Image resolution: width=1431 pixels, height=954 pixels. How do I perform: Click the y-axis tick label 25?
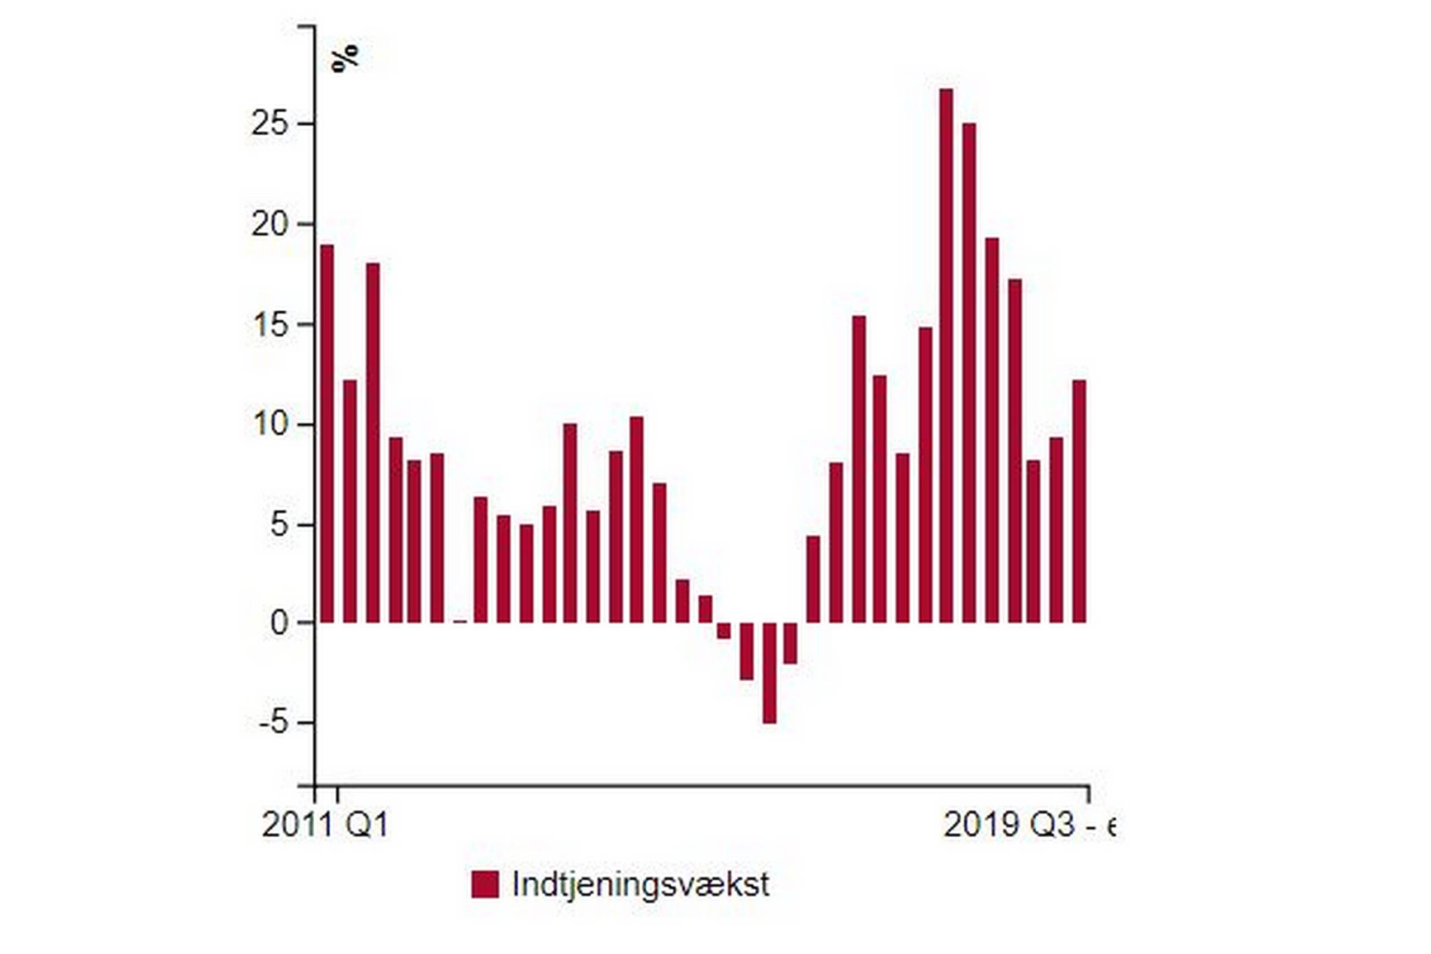[269, 125]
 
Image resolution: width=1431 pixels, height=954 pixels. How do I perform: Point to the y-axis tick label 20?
[269, 225]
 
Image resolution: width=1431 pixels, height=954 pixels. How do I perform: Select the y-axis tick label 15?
[269, 325]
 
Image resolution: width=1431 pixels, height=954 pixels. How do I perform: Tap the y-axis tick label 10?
[269, 425]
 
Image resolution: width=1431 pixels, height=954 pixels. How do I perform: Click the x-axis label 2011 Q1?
[324, 825]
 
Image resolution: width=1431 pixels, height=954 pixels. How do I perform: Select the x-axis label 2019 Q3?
[1028, 825]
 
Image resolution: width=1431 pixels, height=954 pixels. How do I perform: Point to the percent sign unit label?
[345, 59]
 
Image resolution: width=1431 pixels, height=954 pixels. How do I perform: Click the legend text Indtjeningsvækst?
[641, 884]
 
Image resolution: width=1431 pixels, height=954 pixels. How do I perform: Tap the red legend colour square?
[485, 884]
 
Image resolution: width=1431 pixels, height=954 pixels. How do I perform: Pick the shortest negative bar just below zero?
[723, 630]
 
